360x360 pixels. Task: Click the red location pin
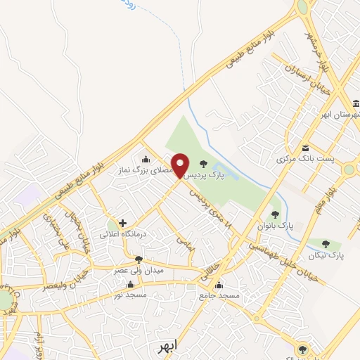point(180,165)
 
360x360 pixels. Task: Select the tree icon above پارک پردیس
point(204,164)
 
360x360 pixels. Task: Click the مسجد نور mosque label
point(130,295)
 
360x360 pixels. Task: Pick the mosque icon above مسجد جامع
point(219,285)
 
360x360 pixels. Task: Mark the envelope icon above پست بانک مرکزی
point(305,148)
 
